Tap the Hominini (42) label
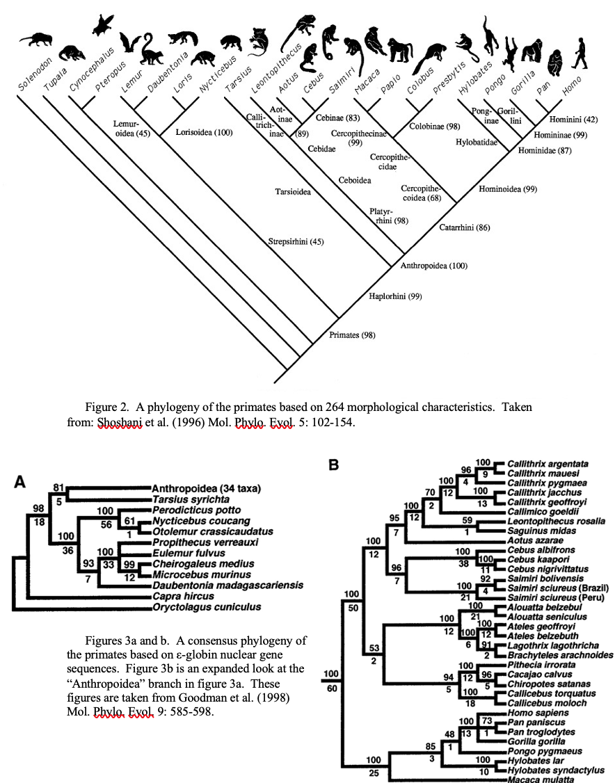pyautogui.click(x=570, y=118)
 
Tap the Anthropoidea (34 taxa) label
pyautogui.click(x=206, y=487)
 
